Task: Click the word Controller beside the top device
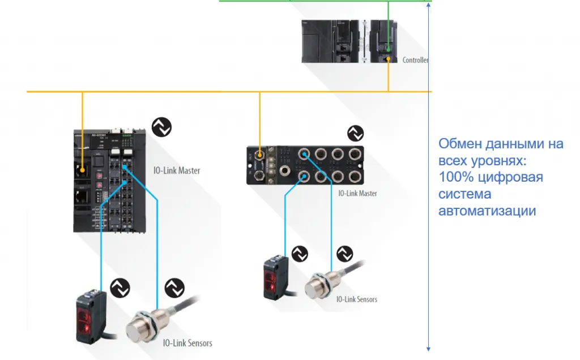(x=415, y=60)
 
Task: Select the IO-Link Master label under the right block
(x=357, y=194)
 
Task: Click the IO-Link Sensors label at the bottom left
(x=187, y=342)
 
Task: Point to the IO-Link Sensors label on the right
(x=357, y=299)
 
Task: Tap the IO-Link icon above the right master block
(x=356, y=134)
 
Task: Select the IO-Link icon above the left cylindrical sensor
(x=174, y=288)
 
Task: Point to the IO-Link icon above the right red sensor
(x=300, y=254)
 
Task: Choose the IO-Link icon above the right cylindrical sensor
(x=345, y=254)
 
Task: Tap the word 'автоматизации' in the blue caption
(x=487, y=211)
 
